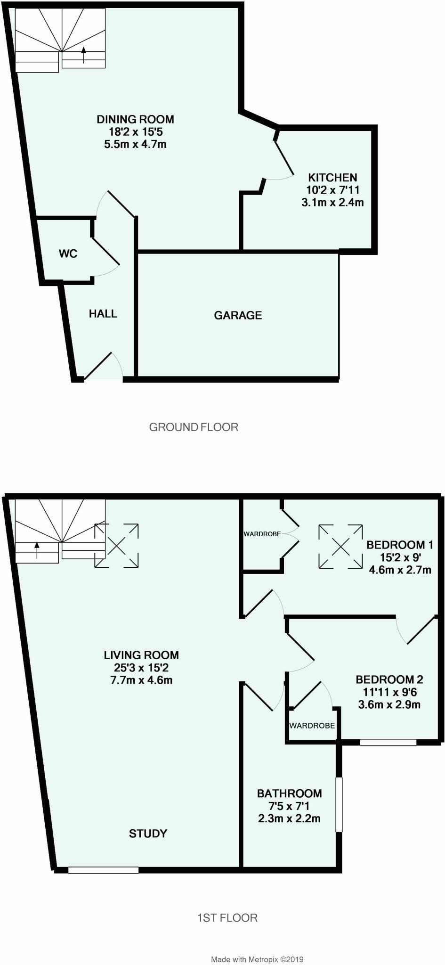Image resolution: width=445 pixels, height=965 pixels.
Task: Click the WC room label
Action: (x=68, y=254)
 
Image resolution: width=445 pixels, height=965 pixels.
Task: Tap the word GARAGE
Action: (x=238, y=315)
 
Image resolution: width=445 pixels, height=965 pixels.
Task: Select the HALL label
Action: (x=103, y=314)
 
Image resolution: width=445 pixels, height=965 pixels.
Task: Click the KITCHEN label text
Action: (x=332, y=178)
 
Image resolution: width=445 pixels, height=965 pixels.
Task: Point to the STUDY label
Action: (x=148, y=834)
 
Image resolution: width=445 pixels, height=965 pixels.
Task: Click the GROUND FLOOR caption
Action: (x=194, y=427)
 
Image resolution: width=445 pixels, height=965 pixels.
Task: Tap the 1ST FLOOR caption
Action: (x=227, y=918)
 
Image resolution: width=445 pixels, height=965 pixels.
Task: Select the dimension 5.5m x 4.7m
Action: (x=135, y=144)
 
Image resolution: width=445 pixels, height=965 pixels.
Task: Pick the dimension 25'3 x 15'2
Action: (x=142, y=668)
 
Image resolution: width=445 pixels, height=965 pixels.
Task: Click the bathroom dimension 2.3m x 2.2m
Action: (x=289, y=818)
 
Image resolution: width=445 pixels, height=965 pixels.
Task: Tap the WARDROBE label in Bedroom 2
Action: (x=312, y=726)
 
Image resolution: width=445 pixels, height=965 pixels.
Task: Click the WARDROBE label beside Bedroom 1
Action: (x=262, y=534)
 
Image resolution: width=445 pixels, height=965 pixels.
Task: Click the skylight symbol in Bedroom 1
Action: (x=340, y=547)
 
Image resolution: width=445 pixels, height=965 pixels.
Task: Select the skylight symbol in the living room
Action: (x=117, y=545)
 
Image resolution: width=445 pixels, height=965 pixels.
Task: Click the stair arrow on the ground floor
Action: (x=84, y=55)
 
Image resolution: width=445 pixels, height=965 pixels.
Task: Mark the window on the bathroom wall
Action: (x=339, y=804)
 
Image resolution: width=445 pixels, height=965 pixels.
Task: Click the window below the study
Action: (x=103, y=870)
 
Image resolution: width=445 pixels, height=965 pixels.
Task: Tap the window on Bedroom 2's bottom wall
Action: (x=388, y=743)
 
